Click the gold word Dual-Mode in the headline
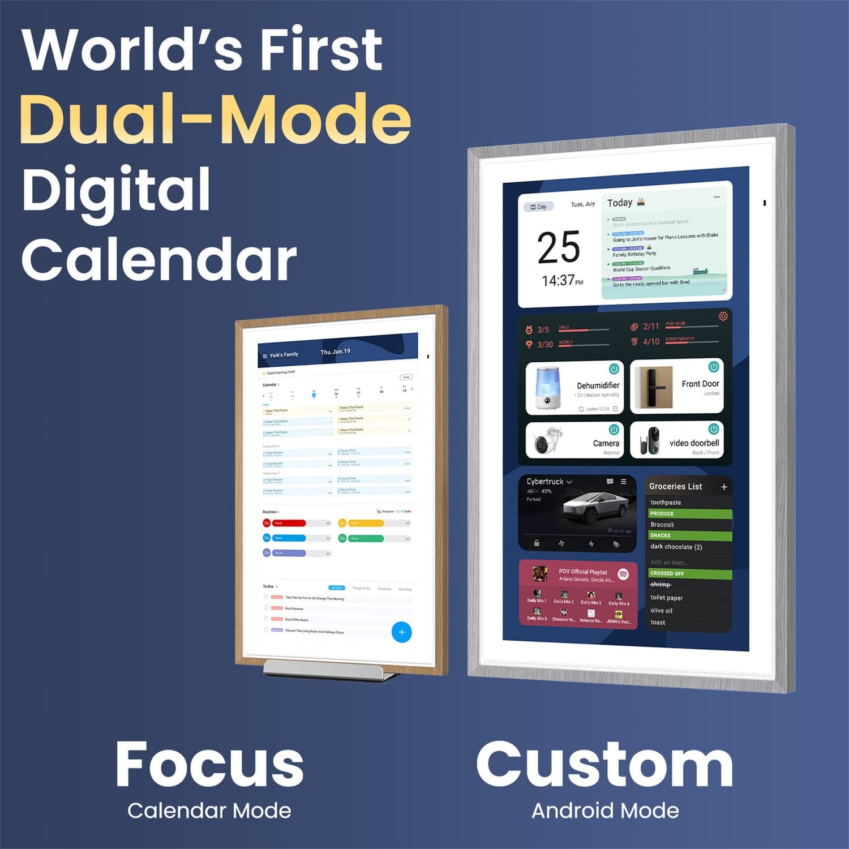click(215, 119)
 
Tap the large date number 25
click(559, 248)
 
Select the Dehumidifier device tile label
click(598, 385)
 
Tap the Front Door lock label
click(700, 384)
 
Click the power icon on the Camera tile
click(614, 430)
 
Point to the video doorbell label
click(694, 443)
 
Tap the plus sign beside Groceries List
click(724, 487)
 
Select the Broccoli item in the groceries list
click(662, 525)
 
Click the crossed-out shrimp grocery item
click(661, 584)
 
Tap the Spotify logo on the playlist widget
click(623, 574)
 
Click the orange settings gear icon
click(723, 316)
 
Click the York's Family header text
click(284, 355)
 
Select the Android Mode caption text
click(605, 811)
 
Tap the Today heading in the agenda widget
click(620, 203)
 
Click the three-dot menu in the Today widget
click(717, 197)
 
